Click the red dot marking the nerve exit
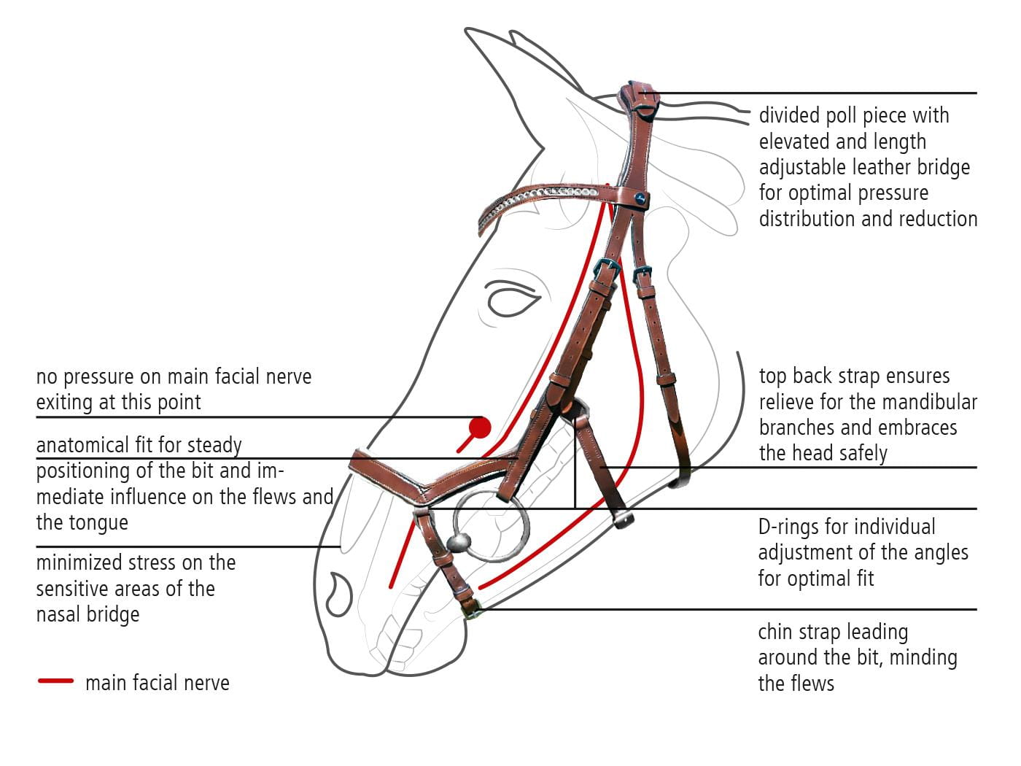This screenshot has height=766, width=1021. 479,428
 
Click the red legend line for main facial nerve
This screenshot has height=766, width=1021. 55,681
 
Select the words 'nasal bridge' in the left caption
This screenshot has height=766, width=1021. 88,614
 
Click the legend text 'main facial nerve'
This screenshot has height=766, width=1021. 157,683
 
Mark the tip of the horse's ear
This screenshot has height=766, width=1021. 467,31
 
